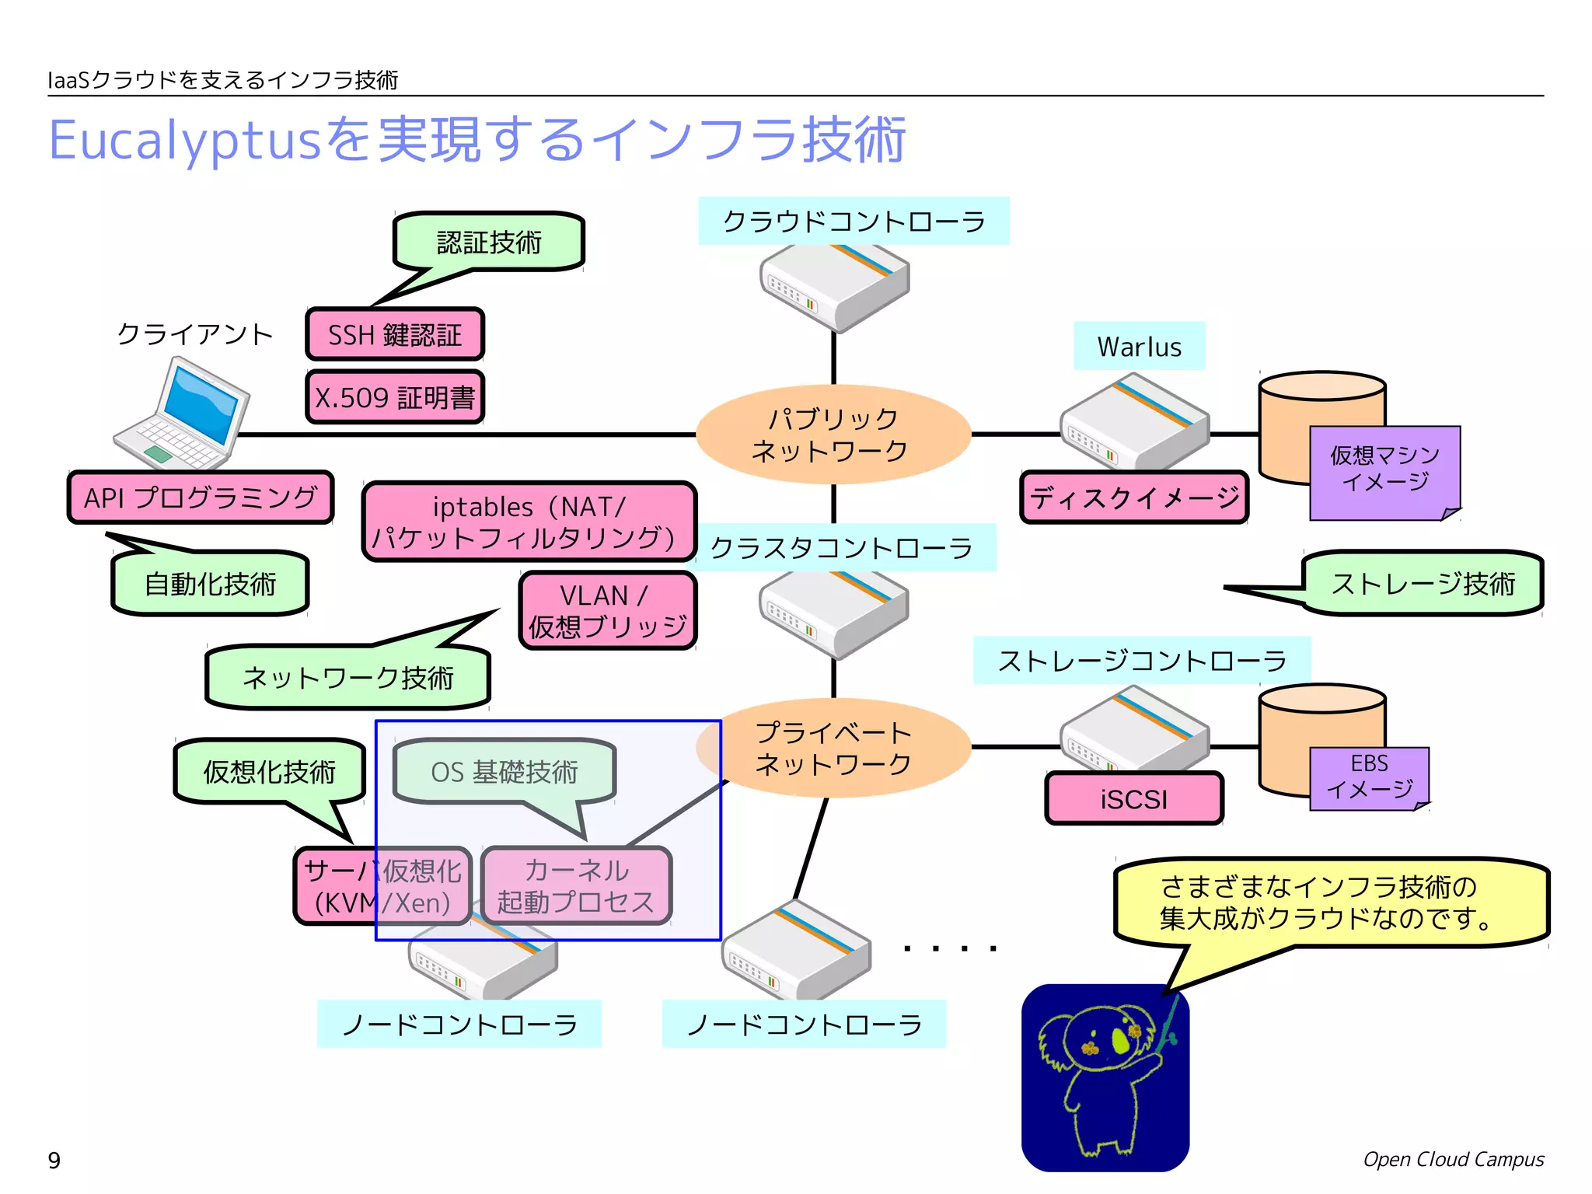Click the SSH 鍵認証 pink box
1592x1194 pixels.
395,334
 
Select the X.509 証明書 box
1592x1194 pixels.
395,397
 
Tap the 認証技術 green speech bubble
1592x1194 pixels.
489,242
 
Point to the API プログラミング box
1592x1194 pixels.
201,497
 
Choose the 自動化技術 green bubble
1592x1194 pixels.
210,584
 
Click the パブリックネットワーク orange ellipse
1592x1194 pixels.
833,435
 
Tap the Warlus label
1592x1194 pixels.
1139,347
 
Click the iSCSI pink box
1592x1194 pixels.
1134,798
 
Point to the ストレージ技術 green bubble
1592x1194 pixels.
1423,584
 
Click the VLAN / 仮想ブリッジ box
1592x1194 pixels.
608,610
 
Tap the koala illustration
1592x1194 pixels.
1105,1077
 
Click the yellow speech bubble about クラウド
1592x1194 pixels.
1331,902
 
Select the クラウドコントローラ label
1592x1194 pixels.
854,222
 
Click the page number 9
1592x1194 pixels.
54,1160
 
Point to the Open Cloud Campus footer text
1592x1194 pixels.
1453,1159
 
